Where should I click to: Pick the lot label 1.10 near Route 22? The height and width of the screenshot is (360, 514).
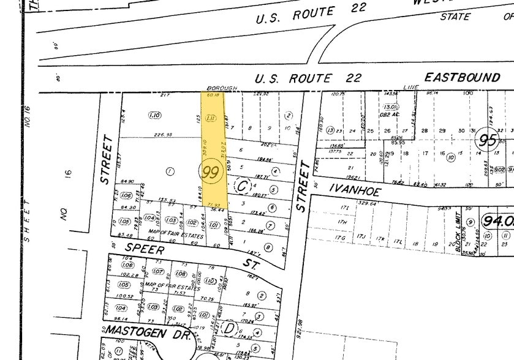(154, 115)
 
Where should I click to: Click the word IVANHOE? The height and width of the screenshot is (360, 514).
(355, 190)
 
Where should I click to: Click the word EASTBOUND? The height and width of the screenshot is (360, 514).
(463, 78)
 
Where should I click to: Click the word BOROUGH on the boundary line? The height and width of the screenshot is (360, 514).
(222, 88)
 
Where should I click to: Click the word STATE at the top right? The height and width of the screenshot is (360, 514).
(455, 17)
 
